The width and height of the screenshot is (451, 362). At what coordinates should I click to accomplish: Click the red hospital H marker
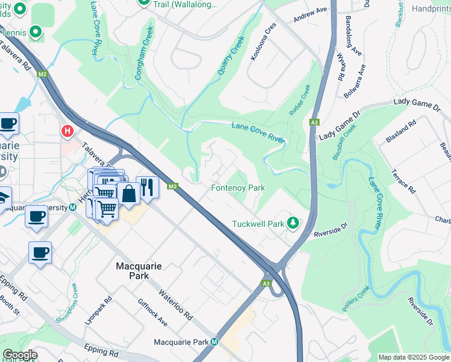(x=67, y=130)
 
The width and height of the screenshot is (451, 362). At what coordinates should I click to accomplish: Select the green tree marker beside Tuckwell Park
(x=293, y=223)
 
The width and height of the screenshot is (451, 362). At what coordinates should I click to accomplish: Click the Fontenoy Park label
(x=238, y=188)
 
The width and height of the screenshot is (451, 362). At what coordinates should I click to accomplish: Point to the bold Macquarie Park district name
(x=145, y=265)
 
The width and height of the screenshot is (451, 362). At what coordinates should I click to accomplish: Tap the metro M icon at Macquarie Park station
(x=214, y=342)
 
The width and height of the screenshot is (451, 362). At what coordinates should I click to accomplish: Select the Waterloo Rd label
(x=175, y=305)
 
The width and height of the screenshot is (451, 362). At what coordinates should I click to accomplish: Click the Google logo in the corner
(x=20, y=355)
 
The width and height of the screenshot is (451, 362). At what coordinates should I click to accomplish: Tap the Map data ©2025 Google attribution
(x=413, y=357)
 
